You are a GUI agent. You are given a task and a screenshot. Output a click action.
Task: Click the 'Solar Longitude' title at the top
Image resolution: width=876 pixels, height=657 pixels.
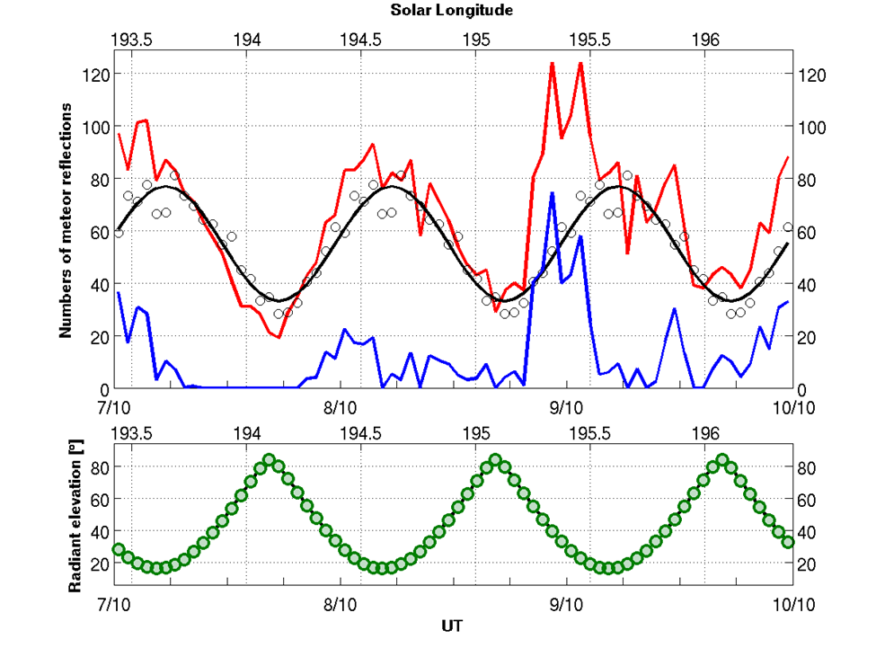[452, 11]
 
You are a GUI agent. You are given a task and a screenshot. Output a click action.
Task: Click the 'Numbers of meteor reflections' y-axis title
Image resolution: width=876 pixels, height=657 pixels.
[66, 219]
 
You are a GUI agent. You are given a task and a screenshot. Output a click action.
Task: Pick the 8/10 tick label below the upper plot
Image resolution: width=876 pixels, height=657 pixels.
[341, 406]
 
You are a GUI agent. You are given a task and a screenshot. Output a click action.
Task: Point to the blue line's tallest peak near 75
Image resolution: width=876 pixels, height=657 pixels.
[552, 193]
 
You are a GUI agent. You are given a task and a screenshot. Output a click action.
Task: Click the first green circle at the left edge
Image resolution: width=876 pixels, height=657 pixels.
[119, 549]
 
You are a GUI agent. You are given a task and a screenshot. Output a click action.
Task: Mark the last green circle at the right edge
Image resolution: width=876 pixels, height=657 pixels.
[788, 541]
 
